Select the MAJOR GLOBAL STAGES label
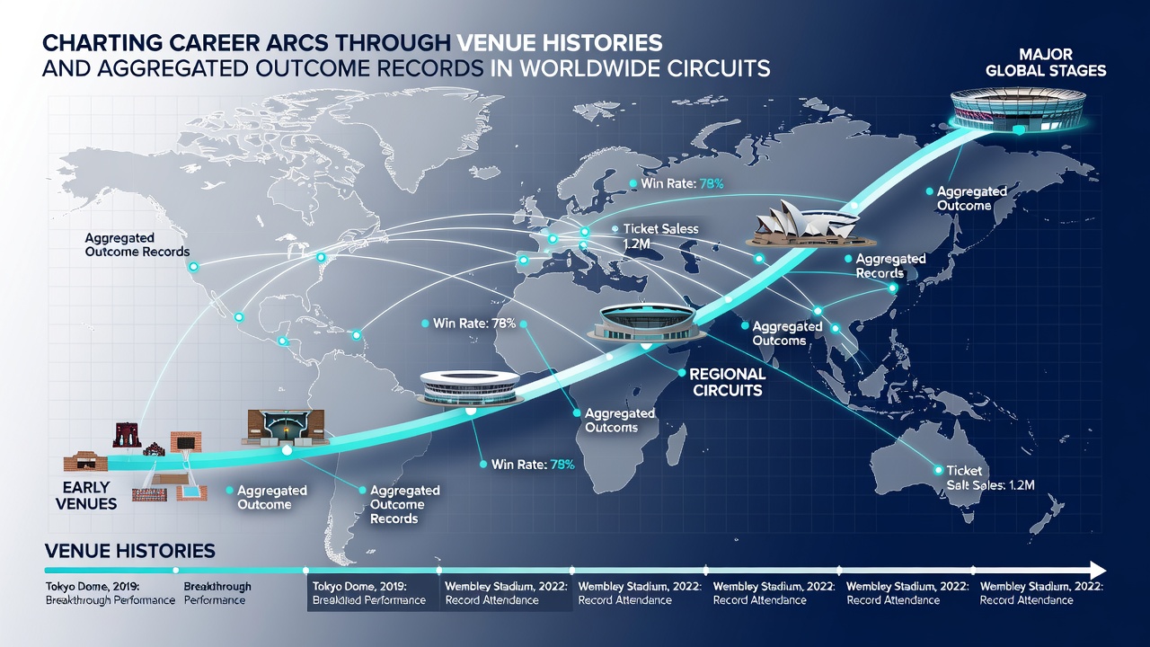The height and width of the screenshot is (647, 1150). pos(1046,62)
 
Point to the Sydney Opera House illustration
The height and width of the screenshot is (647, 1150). pos(803,224)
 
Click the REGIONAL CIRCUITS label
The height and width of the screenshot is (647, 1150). pos(728,382)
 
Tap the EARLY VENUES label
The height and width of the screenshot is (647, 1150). pos(86,495)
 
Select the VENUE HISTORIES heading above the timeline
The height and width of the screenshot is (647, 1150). pos(130,551)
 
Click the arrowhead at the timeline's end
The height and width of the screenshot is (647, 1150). pos(1098,570)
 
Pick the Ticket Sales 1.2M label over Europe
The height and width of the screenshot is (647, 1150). pos(660,236)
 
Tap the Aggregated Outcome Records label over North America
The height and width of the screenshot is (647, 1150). pos(137,245)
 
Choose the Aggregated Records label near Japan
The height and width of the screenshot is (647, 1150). pos(890,266)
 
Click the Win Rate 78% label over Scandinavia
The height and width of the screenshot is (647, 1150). pos(682,183)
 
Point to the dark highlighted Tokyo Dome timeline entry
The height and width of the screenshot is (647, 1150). pos(373,593)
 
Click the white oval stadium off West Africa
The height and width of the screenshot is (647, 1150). pos(470,387)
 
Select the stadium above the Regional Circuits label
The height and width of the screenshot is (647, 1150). pos(646,322)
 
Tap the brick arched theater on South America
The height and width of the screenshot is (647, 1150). pos(286,428)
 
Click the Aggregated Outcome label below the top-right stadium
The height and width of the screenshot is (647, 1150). pos(972,199)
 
